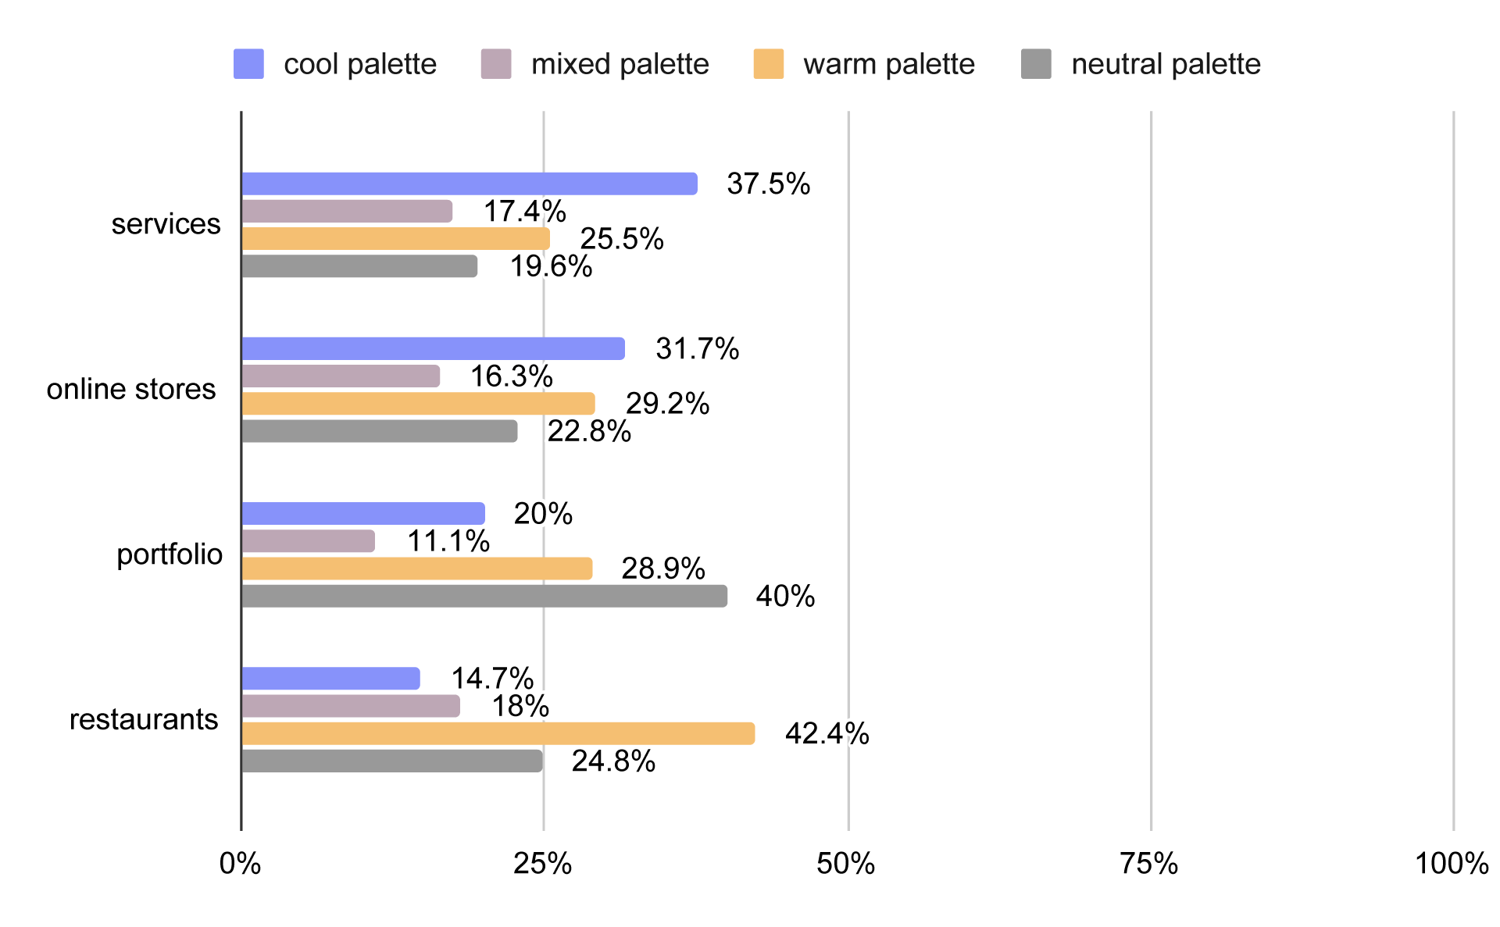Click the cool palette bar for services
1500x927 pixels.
[470, 184]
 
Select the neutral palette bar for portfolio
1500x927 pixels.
[484, 596]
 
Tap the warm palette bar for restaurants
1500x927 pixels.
[498, 733]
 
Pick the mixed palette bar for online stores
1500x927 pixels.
[341, 376]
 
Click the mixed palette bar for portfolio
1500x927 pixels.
[309, 541]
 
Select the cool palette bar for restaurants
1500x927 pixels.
[331, 679]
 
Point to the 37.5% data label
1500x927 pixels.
[769, 184]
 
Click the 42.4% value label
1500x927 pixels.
[827, 734]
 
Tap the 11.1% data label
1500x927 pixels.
[448, 541]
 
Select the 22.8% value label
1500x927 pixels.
[589, 431]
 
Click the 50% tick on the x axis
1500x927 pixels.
[846, 864]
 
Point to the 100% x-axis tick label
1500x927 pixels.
[1452, 864]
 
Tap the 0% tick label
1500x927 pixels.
[241, 864]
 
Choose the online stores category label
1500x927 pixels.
[131, 389]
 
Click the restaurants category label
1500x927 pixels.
[144, 719]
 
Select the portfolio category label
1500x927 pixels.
[170, 554]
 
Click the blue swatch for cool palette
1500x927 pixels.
[248, 64]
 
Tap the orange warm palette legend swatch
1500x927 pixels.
[769, 64]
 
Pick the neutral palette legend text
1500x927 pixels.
[1166, 64]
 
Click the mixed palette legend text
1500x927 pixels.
[620, 64]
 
